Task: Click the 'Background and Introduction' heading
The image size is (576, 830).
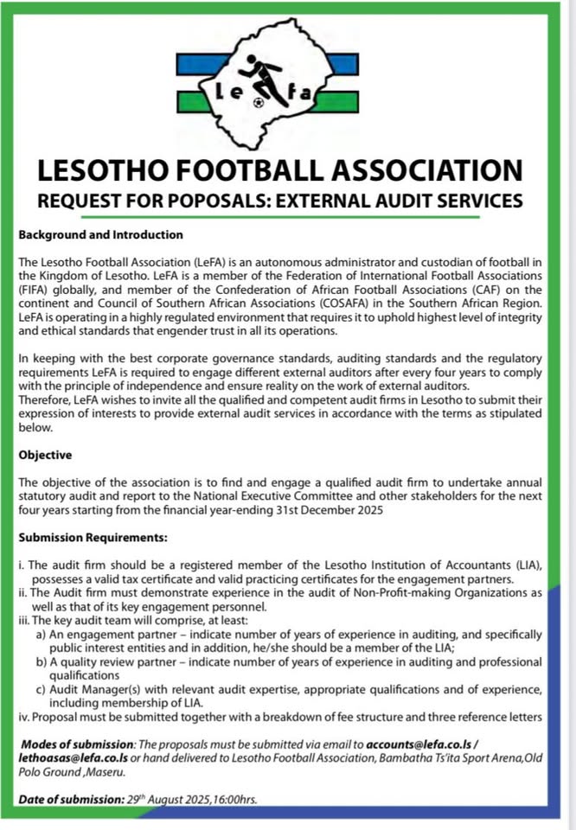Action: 100,234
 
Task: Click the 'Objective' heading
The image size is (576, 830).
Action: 45,455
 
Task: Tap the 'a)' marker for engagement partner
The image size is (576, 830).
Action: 42,634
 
